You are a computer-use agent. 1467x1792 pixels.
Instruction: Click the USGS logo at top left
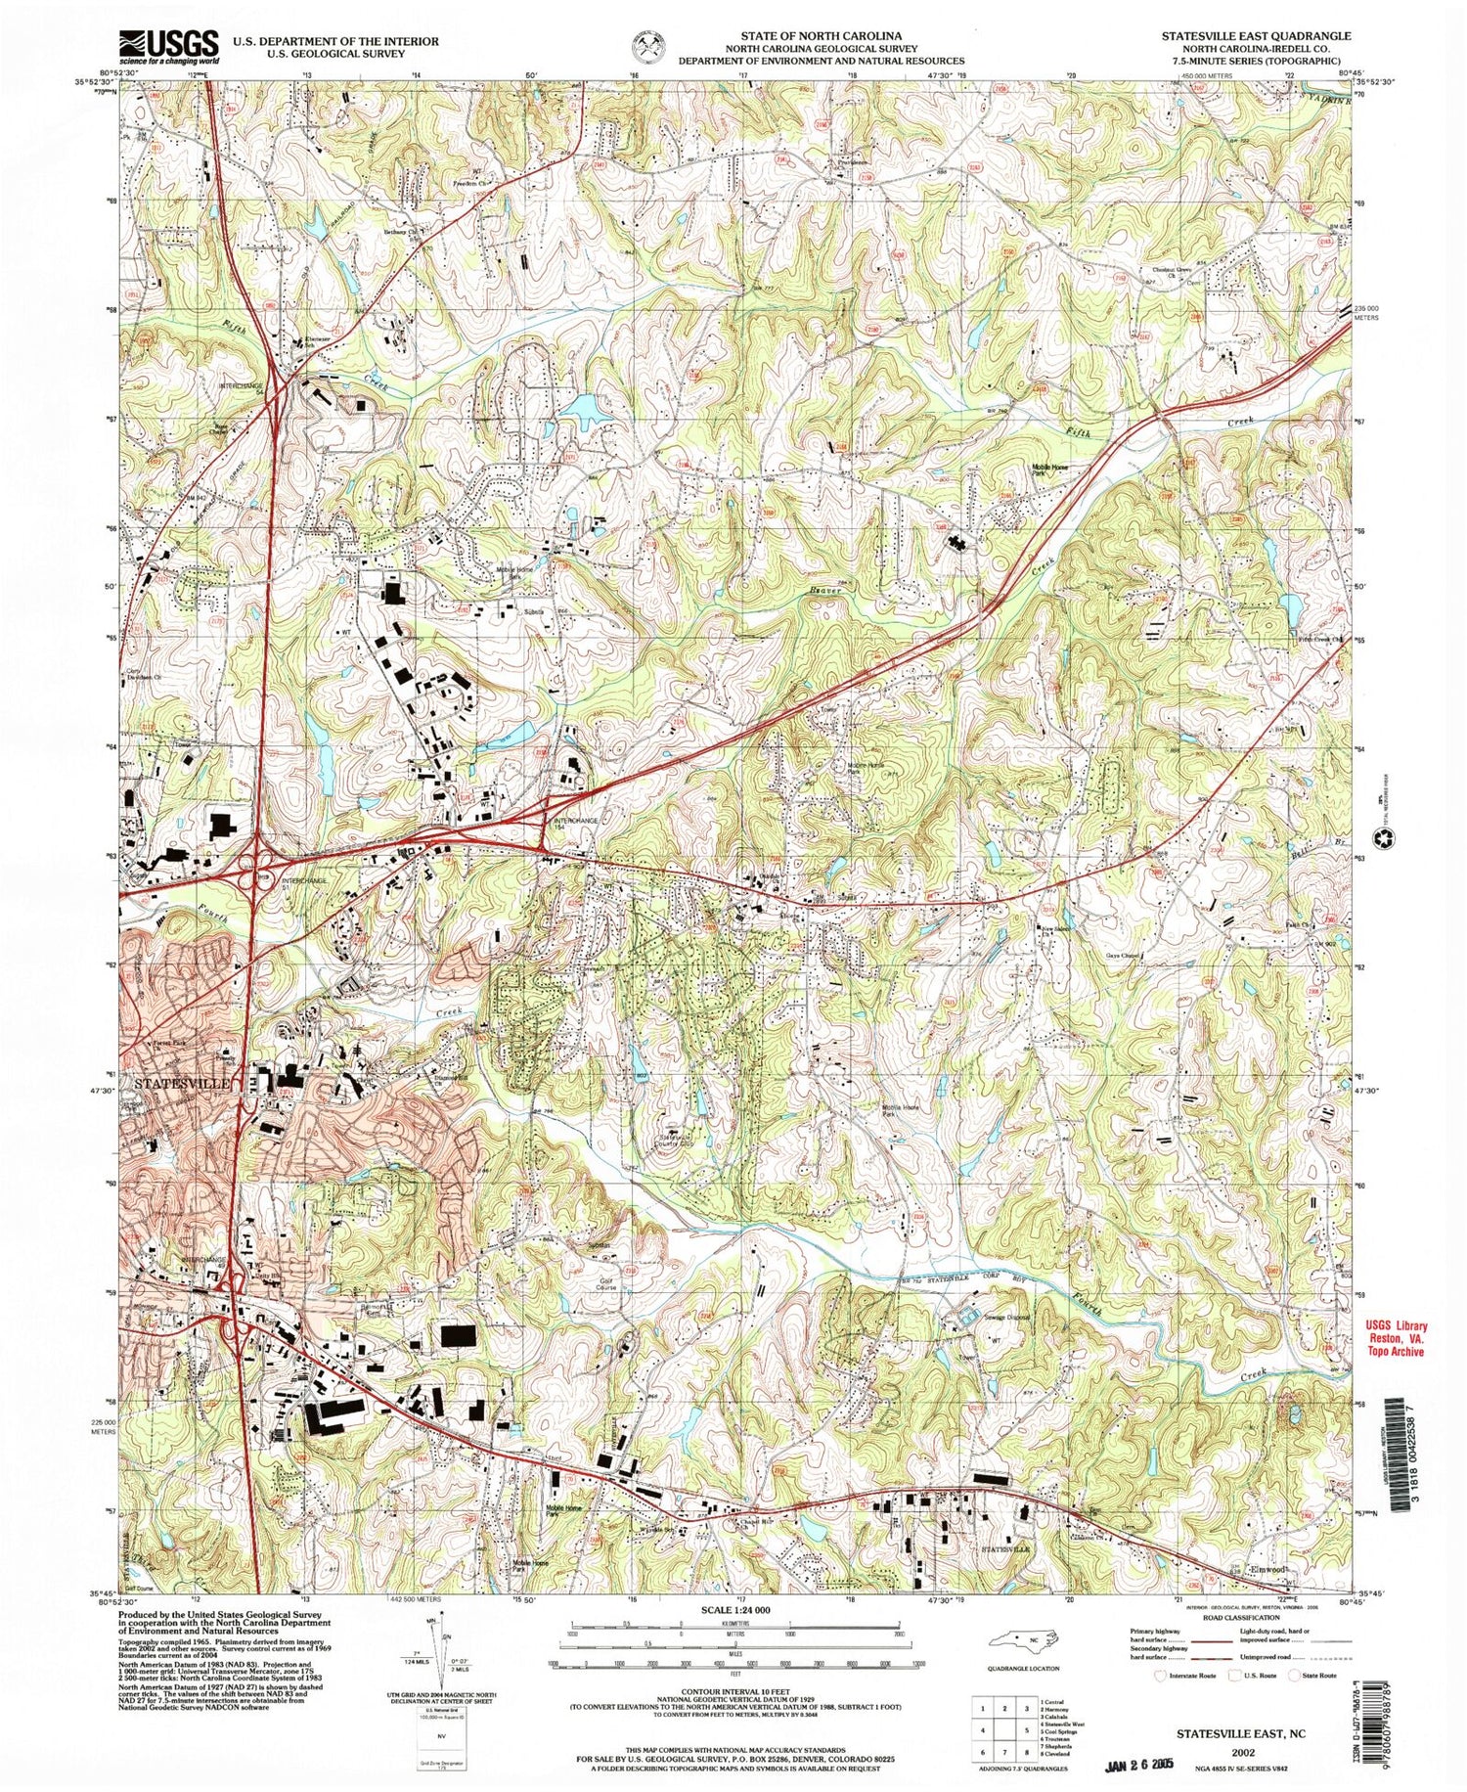click(168, 46)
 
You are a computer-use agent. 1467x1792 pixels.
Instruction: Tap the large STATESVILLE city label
click(182, 1084)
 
